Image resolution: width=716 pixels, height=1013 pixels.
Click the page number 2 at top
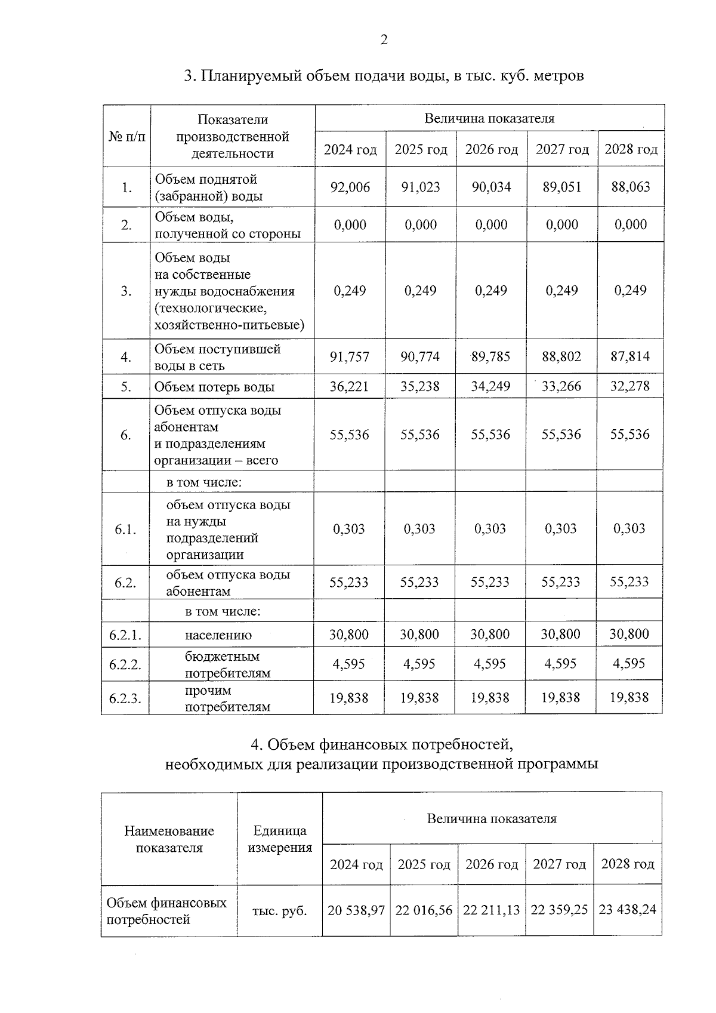point(384,40)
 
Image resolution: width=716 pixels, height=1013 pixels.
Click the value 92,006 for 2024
point(350,187)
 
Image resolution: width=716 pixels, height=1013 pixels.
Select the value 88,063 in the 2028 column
point(631,187)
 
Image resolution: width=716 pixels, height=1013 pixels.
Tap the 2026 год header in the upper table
point(492,149)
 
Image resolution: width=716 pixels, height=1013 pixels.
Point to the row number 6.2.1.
point(125,635)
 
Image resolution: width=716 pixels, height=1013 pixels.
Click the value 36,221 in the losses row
point(350,387)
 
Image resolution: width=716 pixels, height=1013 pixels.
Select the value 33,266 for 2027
point(561,387)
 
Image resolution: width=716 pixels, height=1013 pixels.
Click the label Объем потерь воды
point(215,387)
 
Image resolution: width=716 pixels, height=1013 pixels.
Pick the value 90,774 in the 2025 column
point(421,357)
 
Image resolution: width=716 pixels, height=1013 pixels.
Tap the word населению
point(218,635)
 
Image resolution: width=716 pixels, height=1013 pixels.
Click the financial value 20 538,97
point(356,910)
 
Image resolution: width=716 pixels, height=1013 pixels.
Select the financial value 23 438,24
point(628,909)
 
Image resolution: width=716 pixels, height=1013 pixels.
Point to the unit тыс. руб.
point(279,911)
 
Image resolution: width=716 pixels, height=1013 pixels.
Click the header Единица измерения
point(279,839)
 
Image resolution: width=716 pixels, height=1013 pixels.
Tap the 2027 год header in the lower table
point(559,864)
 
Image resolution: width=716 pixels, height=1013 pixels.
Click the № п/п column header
point(126,137)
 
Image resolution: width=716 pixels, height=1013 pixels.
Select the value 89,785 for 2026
point(490,357)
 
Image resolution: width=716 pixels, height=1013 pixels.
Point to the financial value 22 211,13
point(492,910)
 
